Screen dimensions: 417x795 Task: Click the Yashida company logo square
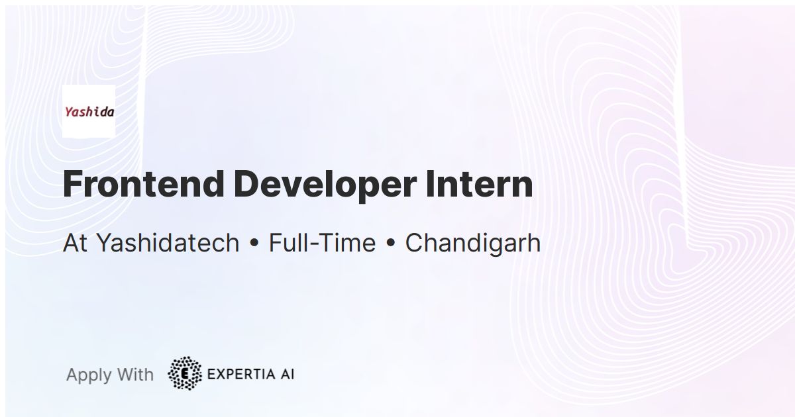[x=88, y=111]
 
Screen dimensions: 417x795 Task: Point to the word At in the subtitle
[x=75, y=243]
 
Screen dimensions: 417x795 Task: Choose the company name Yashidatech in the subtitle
[x=168, y=243]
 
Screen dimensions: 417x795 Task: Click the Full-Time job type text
[x=321, y=243]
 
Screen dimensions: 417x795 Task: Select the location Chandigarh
[x=472, y=243]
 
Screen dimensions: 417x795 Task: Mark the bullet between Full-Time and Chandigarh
[x=390, y=244]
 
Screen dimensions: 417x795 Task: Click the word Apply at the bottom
[x=89, y=375]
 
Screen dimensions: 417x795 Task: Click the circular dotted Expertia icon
[x=185, y=374]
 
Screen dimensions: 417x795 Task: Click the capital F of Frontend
[x=72, y=185]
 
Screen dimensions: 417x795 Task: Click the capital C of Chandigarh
[x=414, y=243]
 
